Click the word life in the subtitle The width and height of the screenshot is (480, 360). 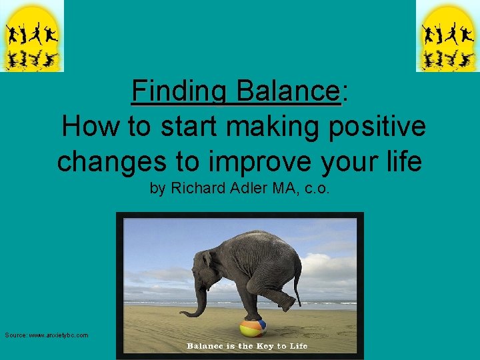[x=401, y=161]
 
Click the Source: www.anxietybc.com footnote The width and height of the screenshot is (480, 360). [x=46, y=335]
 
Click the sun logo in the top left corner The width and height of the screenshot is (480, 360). [x=31, y=36]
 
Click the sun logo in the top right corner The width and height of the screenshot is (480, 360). [x=447, y=36]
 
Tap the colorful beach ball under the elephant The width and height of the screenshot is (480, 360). [x=253, y=327]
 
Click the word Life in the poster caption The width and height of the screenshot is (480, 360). [x=298, y=346]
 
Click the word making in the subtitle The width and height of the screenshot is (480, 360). [x=286, y=127]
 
